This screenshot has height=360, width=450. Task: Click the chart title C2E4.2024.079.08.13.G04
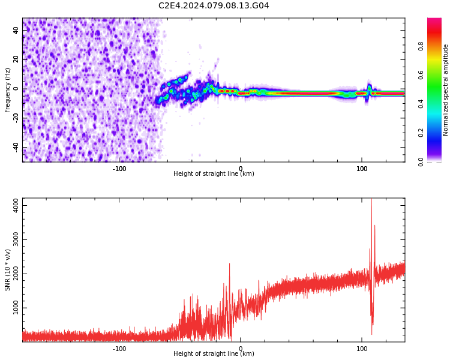tap(214, 5)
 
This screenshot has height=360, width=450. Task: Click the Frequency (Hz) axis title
tap(8, 90)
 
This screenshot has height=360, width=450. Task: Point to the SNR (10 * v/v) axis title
tap(8, 270)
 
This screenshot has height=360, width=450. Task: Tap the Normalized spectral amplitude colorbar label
tap(446, 90)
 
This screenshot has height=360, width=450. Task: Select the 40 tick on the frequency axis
tap(16, 31)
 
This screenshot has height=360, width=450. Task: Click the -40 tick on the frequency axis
tap(15, 148)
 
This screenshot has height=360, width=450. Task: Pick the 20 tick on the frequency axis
tap(16, 60)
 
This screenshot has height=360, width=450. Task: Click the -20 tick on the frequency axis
tap(15, 119)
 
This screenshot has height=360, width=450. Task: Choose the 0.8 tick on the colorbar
tap(421, 46)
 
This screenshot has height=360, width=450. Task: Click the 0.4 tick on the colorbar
tap(421, 104)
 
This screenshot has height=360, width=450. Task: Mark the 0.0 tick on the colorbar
tap(421, 161)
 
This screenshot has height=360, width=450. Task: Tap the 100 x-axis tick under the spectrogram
tap(362, 169)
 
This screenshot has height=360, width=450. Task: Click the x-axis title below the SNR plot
tap(214, 354)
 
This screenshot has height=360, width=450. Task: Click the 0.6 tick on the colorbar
tap(421, 75)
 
